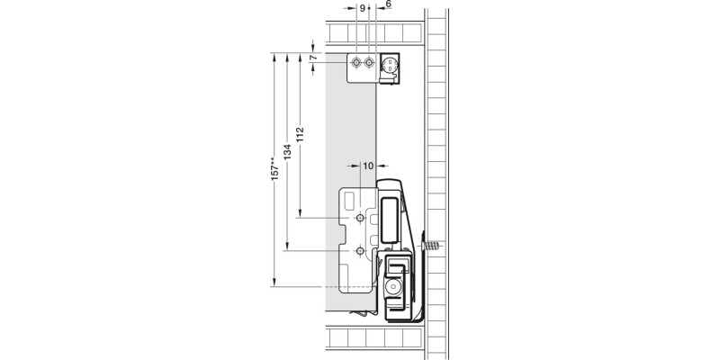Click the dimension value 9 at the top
(x=362, y=6)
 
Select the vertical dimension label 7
(x=312, y=59)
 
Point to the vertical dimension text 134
(x=286, y=154)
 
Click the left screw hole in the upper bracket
(x=358, y=64)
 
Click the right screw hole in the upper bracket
(x=371, y=64)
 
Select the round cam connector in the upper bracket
(x=391, y=65)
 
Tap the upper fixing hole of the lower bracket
(x=359, y=219)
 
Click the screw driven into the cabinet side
(x=430, y=244)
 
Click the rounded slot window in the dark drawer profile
(x=388, y=220)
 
